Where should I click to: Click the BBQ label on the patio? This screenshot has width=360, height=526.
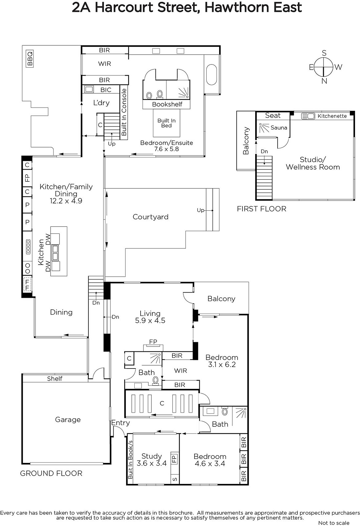[x=30, y=59]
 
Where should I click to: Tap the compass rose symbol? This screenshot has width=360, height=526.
[x=324, y=67]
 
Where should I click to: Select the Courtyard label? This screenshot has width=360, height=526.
[x=150, y=217]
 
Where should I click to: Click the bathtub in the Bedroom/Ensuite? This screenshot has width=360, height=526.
[x=211, y=74]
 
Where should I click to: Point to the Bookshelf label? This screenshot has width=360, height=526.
[x=167, y=104]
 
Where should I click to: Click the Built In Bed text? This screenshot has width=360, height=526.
[x=167, y=123]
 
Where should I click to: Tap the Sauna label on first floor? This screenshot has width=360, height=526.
[x=279, y=128]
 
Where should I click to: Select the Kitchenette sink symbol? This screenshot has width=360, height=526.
[x=308, y=116]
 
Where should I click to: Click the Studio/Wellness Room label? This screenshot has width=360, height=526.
[x=313, y=163]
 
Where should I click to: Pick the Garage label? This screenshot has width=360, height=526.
[x=68, y=419]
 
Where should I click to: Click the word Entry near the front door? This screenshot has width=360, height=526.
[x=121, y=423]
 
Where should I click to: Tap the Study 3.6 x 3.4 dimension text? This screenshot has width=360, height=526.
[x=152, y=463]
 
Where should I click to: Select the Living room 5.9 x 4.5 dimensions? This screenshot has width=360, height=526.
[x=150, y=321]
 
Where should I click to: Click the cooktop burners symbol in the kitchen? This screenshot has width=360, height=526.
[x=28, y=247]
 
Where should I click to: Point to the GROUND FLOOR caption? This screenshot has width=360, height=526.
[x=51, y=473]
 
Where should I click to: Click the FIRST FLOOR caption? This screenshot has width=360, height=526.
[x=262, y=209]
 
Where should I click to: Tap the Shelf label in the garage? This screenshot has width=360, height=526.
[x=55, y=378]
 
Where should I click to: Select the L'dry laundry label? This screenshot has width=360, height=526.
[x=101, y=103]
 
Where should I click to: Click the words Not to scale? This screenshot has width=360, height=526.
[x=334, y=523]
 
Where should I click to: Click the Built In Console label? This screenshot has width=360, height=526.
[x=124, y=112]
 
